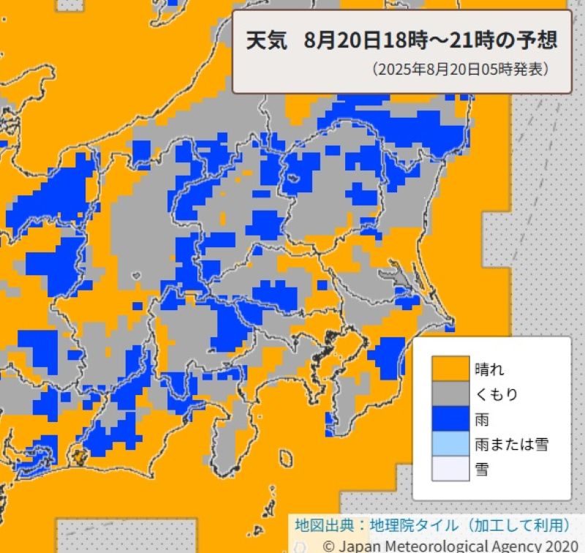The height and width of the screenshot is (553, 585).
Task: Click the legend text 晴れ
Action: tap(489, 369)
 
